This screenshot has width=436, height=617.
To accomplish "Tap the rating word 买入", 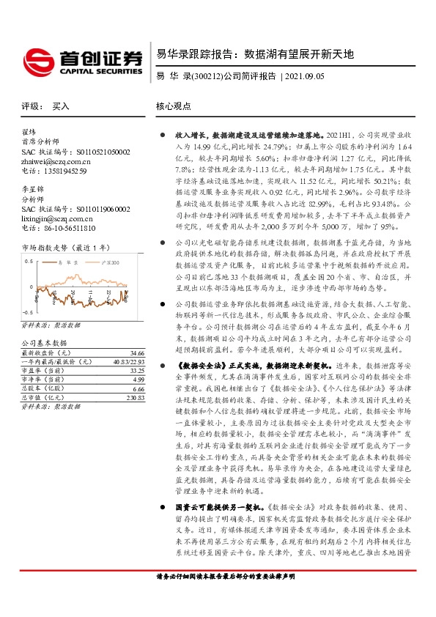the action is point(61,106).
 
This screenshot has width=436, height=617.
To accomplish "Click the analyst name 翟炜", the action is point(29,133).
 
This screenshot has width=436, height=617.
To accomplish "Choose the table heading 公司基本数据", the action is point(45,343).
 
